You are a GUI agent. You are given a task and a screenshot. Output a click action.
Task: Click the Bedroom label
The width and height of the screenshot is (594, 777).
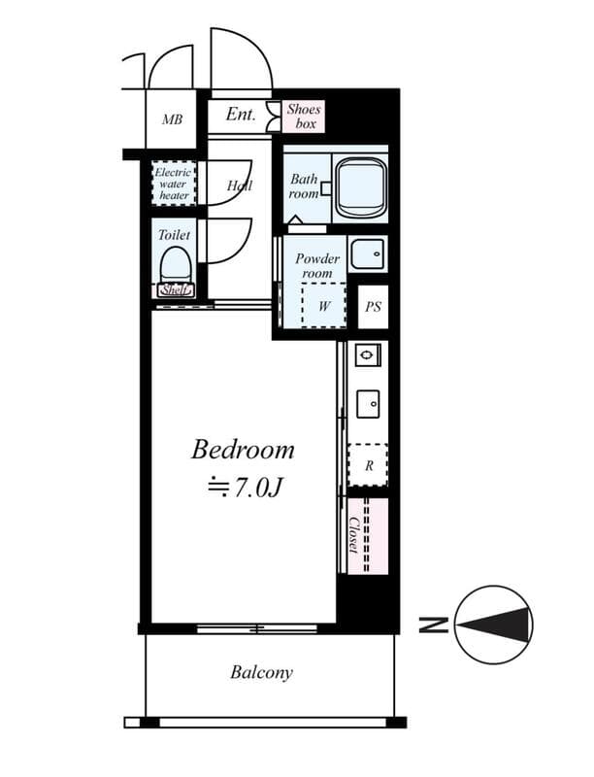(x=243, y=450)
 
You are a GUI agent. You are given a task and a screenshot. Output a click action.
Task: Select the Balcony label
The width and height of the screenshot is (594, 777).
(x=261, y=672)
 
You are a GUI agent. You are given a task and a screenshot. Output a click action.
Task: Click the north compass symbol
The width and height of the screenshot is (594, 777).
(x=493, y=625)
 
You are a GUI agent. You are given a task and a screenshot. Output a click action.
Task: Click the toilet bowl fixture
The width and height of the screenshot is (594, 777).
(x=175, y=264)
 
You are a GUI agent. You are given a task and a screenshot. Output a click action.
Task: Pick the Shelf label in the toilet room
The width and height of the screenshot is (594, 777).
(x=175, y=289)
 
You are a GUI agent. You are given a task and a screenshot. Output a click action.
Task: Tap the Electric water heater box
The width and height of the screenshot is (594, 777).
(x=175, y=184)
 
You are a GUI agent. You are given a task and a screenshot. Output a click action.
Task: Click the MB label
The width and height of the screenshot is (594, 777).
(x=172, y=120)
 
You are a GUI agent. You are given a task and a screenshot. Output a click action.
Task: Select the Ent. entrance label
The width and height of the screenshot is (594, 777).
(x=241, y=115)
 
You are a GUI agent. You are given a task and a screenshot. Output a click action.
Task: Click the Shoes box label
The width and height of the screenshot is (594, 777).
(x=304, y=117)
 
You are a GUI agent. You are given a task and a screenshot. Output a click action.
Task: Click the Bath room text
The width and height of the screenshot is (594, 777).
(x=304, y=186)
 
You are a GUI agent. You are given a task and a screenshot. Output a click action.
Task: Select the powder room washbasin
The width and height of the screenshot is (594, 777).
(x=367, y=254)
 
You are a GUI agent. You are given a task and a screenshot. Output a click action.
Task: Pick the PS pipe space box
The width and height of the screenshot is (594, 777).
(x=373, y=307)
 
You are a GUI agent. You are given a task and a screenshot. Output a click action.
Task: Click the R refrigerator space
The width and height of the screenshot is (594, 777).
(x=369, y=464)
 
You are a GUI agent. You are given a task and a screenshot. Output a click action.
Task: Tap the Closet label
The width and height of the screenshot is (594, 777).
(x=354, y=535)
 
